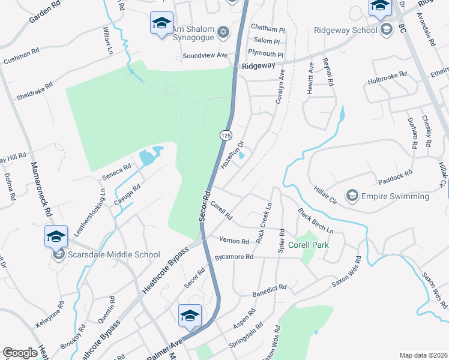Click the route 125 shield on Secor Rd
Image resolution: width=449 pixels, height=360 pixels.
(226, 136)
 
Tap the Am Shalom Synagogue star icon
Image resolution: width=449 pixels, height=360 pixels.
(223, 31)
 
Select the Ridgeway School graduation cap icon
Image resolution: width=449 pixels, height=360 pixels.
(387, 29)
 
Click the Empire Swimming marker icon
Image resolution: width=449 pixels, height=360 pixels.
(352, 196)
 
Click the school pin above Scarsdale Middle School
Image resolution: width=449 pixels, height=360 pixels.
(56, 236)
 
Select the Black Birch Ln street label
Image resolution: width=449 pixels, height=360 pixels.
(316, 221)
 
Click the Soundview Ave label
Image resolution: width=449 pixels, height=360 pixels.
(206, 56)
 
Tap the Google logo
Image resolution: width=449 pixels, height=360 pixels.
(20, 353)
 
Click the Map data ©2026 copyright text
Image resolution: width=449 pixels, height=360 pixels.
(424, 355)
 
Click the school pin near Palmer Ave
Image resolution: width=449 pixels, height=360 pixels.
(190, 316)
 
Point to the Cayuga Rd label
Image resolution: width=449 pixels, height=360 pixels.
(128, 195)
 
